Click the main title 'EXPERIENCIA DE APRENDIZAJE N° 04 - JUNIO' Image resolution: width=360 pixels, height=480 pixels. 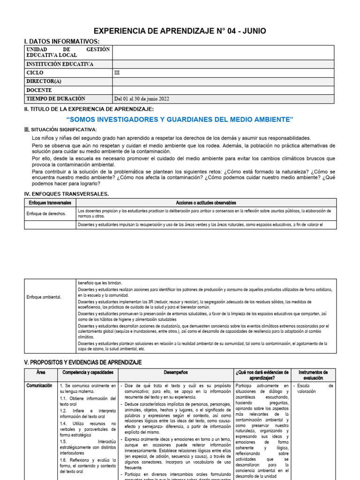point(180,31)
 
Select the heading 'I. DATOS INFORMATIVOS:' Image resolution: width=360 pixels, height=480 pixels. point(61,42)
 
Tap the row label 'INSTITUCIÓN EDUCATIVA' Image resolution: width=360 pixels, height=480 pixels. point(60,64)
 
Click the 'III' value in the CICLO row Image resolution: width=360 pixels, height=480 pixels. point(117,73)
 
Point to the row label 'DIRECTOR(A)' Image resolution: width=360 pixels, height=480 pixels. point(45,82)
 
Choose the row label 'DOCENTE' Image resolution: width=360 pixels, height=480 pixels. point(39,90)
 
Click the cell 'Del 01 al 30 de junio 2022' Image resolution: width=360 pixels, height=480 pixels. point(142,99)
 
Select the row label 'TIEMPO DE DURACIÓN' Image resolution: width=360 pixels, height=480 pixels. point(56,99)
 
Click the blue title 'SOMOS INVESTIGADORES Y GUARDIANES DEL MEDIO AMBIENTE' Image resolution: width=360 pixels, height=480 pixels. point(180,120)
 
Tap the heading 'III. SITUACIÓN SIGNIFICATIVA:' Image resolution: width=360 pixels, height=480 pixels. point(60,129)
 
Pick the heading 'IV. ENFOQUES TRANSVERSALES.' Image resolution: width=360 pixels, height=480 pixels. point(66,194)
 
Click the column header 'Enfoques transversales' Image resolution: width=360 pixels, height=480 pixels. point(50,203)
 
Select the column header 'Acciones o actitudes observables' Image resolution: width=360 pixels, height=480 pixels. point(206,203)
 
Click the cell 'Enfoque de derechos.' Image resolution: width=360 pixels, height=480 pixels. point(46,213)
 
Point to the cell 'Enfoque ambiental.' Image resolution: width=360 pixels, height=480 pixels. point(44,297)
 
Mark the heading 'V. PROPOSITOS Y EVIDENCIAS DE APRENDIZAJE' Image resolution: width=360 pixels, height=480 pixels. point(82,363)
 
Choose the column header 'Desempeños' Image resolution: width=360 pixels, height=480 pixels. point(176,373)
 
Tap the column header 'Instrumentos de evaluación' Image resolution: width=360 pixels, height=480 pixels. point(313,375)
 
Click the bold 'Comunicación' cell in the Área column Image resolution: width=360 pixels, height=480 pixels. point(39,385)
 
